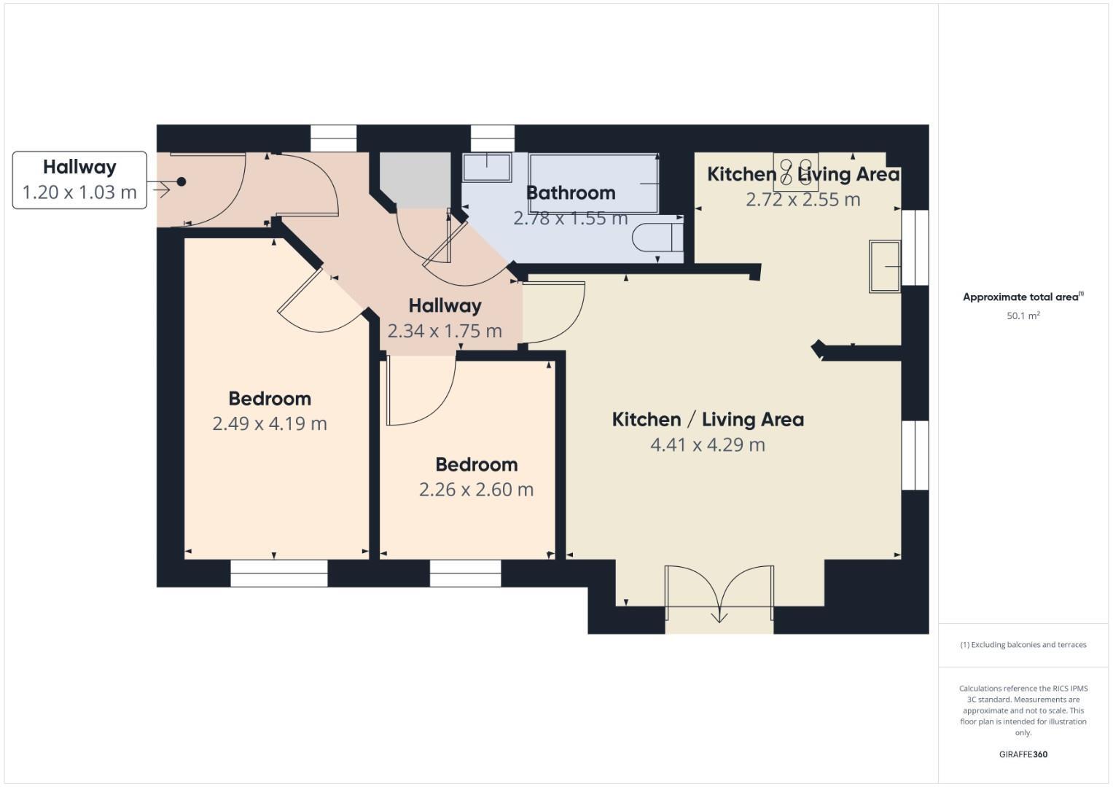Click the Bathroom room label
point(571,193)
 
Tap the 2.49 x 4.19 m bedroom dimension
point(270,423)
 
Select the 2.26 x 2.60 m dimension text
point(476,490)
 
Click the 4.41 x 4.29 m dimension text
point(708,445)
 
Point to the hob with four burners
point(795,172)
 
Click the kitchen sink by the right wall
point(885,267)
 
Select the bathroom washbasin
point(487,167)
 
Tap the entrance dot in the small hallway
point(181,182)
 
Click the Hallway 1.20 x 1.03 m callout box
point(79,180)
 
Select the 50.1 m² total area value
point(1023,316)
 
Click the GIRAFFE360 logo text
point(1023,754)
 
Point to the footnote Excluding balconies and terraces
point(1023,645)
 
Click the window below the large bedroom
point(278,573)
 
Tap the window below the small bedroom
point(465,573)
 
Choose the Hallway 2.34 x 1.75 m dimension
point(445,331)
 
